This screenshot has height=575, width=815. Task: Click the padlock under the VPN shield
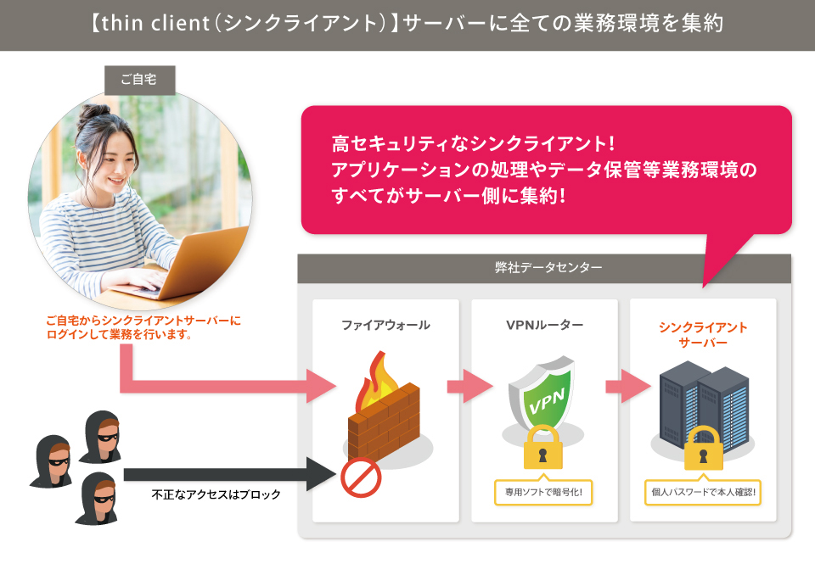coord(543,448)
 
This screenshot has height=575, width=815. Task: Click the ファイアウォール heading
coord(385,325)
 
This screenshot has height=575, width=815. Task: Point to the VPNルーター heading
coord(544,325)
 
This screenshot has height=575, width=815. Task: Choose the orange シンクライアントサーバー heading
coord(703,334)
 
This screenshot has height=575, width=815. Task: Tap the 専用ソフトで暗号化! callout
coord(543,491)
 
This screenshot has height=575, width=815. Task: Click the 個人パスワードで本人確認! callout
coord(702,491)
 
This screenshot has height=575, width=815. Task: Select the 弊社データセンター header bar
coord(543,268)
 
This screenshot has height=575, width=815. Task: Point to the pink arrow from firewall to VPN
coord(469,387)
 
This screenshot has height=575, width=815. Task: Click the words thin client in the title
coord(153,24)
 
